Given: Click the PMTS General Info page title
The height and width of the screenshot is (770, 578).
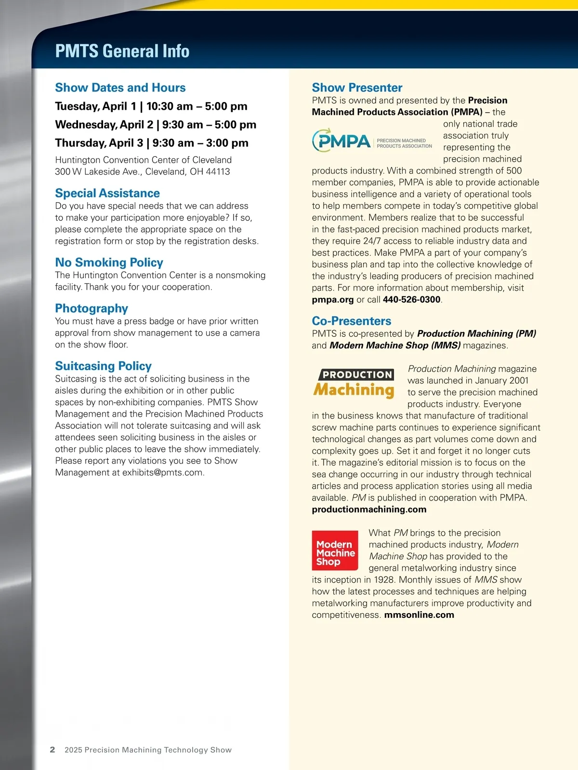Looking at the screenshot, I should coord(122,51).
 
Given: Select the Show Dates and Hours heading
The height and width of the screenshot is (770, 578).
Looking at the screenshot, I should coord(120,88).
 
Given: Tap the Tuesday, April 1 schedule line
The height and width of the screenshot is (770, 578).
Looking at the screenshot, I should coord(151,106).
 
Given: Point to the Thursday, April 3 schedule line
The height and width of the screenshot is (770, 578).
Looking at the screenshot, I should coord(152,143).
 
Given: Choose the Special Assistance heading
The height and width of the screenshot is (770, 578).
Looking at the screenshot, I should coord(107,193).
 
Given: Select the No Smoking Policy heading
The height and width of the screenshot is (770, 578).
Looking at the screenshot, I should coord(109,262).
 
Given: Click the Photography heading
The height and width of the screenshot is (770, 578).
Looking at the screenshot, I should coord(92,308).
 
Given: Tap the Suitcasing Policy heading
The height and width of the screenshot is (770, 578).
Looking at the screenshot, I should coord(103,366).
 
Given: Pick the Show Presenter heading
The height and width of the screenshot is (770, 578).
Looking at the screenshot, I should coord(357,88).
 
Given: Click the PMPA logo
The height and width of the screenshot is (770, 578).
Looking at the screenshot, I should coord(372,141).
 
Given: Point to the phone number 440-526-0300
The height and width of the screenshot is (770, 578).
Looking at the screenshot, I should coord(411,300).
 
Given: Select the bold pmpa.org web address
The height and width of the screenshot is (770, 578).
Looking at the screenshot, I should coord(333,300).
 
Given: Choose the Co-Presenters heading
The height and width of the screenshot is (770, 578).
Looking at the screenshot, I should coord(352,321).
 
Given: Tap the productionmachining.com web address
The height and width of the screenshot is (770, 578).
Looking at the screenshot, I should coord(369,510).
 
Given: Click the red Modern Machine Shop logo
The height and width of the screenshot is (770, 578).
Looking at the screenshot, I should coord(335,551).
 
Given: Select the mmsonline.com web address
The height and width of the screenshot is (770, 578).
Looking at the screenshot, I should coord(419,615).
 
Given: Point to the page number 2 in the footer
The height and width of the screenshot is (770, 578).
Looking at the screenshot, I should coord(53,750).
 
